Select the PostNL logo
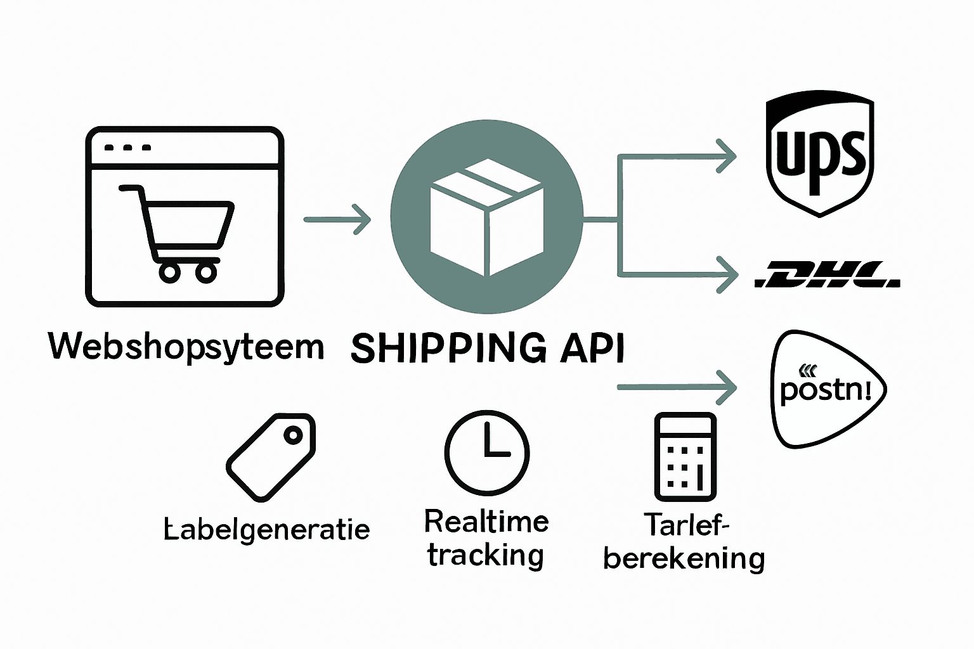[x=826, y=389]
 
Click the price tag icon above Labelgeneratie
[x=271, y=456]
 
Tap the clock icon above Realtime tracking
[x=487, y=452]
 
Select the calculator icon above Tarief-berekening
[x=685, y=456]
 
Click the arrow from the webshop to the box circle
[x=337, y=219]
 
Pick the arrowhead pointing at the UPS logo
[x=727, y=155]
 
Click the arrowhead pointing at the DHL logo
[x=728, y=275]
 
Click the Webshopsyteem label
[x=186, y=347]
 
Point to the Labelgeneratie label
[x=267, y=530]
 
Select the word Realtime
[x=486, y=522]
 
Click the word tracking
[x=485, y=556]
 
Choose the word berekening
[x=684, y=558]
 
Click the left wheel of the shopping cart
[x=169, y=273]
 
